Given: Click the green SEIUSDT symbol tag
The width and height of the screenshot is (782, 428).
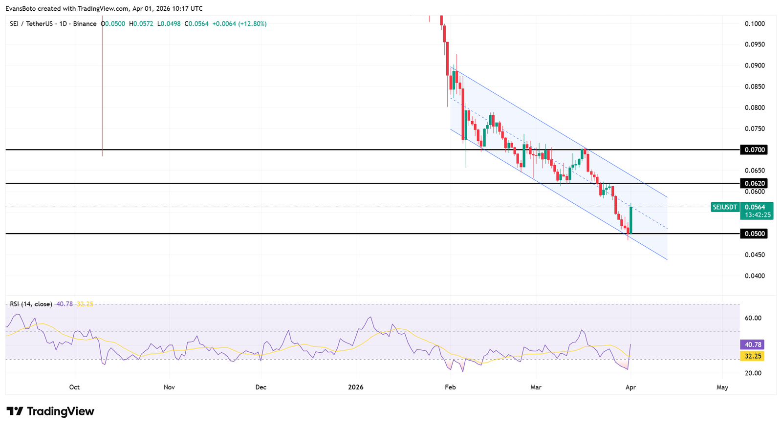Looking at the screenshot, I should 724,207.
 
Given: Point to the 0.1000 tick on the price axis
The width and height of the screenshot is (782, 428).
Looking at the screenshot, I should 755,23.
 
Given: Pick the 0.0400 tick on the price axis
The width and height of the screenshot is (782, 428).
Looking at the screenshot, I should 755,276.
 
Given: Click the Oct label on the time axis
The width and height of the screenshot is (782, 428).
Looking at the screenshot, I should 74,387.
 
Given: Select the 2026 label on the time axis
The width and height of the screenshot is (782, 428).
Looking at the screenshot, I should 356,387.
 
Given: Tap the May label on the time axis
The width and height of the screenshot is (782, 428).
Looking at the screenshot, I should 722,387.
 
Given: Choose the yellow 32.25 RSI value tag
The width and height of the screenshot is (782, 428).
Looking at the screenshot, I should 753,356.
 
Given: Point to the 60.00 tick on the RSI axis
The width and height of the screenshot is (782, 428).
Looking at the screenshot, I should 753,318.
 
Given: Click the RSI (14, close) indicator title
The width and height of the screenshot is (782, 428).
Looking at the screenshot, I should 31,304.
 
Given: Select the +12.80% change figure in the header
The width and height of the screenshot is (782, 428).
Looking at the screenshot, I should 252,23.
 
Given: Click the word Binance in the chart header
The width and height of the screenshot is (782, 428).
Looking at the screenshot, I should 85,23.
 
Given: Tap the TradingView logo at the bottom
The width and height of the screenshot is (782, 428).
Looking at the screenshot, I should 50,411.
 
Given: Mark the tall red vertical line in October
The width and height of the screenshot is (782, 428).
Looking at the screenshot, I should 102,88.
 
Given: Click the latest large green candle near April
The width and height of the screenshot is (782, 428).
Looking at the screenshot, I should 631,220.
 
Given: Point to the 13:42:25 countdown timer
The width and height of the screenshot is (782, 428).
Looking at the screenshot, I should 758,215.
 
